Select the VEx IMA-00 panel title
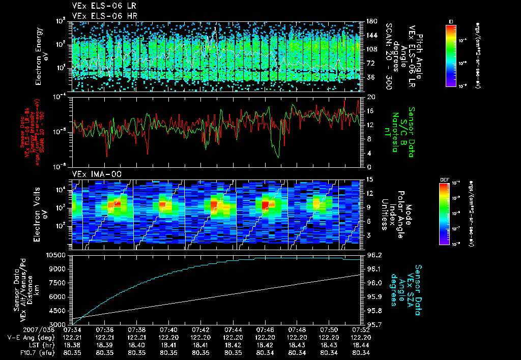93,174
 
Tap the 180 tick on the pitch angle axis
371,21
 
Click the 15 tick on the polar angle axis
369,179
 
